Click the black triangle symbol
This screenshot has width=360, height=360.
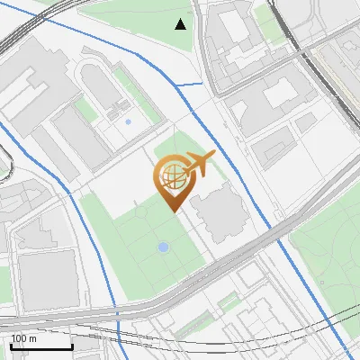[x=181, y=24]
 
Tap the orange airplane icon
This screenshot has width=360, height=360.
[x=199, y=164]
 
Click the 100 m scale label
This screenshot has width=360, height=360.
[x=23, y=338]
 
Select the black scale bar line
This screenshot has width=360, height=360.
[x=41, y=346]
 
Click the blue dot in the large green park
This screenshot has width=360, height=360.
[x=163, y=247]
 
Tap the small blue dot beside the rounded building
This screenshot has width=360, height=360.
[x=128, y=121]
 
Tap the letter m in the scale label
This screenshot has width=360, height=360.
[x=32, y=339]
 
